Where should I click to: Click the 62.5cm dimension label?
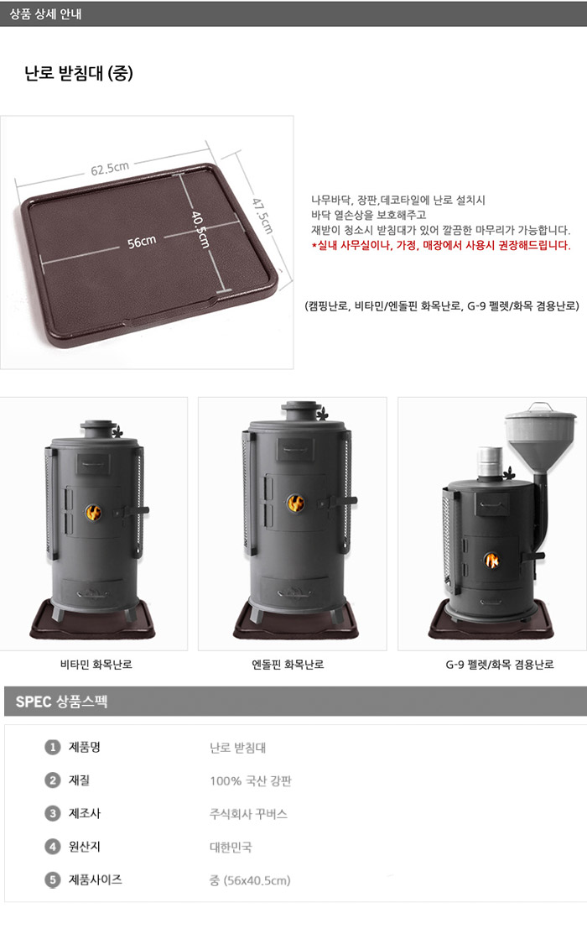(110, 169)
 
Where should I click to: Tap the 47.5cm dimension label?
(262, 216)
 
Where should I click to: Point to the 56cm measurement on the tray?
(142, 242)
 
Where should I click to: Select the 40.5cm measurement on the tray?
(200, 229)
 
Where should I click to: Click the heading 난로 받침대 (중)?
(79, 73)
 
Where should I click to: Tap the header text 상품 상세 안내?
(45, 13)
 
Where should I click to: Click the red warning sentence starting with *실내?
(440, 245)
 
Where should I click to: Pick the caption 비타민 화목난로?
(96, 664)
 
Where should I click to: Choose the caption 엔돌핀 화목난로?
(288, 664)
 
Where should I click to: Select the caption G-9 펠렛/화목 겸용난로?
(500, 664)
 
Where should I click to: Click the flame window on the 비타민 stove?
(93, 512)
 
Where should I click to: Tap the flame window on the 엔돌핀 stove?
(296, 503)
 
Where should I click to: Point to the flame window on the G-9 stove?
(491, 560)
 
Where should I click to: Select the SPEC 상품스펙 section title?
(61, 701)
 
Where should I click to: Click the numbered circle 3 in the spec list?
(52, 813)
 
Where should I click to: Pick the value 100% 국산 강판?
(251, 781)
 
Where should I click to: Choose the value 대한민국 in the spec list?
(231, 847)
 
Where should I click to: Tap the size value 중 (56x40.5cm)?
(250, 880)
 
